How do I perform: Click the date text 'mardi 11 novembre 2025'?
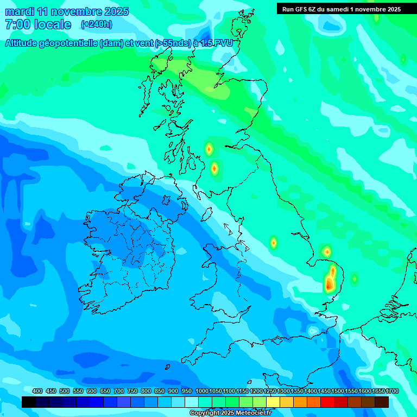tap(67, 11)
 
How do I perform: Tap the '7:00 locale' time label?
tap(38, 24)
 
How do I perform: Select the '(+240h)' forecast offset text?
tap(96, 24)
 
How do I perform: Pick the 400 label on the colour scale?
tap(37, 391)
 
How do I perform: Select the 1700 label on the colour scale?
tap(378, 391)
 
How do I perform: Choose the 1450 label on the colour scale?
tap(324, 391)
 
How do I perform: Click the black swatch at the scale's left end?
tap(29, 402)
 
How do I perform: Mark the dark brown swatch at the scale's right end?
tap(382, 402)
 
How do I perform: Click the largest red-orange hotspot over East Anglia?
tap(330, 283)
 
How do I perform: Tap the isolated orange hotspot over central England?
tap(274, 243)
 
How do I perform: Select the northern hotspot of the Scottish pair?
tap(208, 149)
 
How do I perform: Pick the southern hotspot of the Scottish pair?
tap(214, 168)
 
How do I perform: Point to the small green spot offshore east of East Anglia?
tap(355, 279)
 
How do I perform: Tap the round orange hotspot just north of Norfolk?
tap(326, 251)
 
